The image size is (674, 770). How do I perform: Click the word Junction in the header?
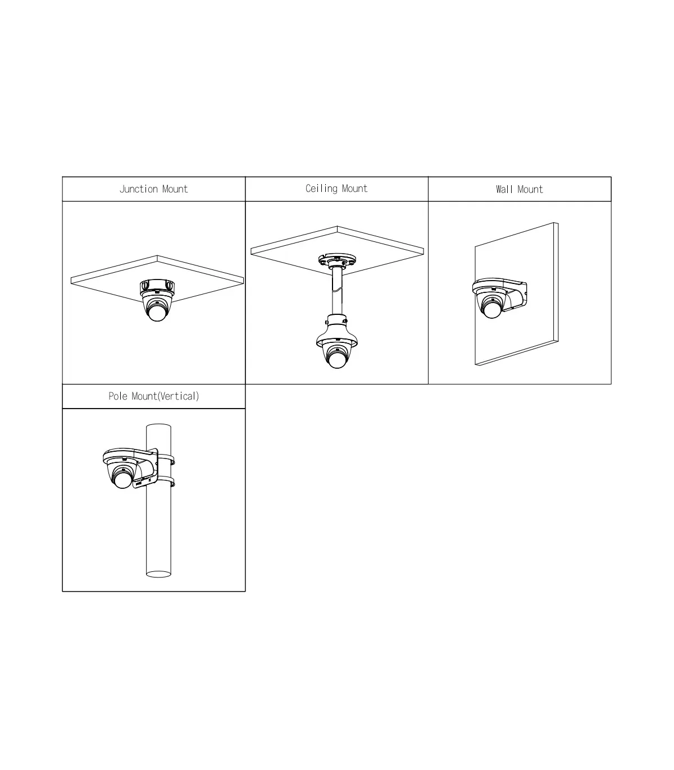coord(139,189)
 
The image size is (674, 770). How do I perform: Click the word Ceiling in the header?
coord(322,189)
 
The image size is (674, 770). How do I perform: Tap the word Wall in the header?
coord(504,189)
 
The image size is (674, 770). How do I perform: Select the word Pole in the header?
coord(118,396)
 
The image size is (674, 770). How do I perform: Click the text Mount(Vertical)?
coord(165,396)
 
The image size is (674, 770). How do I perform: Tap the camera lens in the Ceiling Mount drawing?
coord(337,359)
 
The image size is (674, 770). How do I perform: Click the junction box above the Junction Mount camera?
coord(157,287)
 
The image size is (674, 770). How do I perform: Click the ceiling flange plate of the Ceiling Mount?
coord(337,260)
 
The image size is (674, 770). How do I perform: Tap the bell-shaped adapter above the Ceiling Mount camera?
coord(337,331)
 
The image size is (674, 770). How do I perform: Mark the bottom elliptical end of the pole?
coord(158,574)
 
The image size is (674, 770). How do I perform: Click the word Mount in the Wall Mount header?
coord(530,189)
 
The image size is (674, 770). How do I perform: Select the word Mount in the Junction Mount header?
coord(175,189)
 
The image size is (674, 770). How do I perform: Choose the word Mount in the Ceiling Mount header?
coord(355,189)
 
